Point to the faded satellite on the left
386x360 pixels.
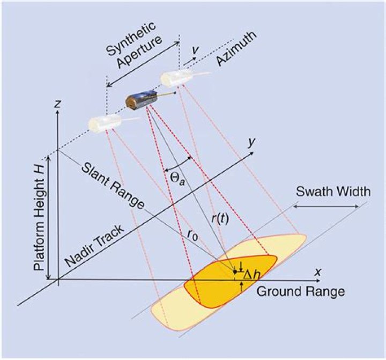tap(103, 123)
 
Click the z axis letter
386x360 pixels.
tap(56, 104)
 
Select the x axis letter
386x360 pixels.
tap(318, 272)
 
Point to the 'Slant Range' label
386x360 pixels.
tap(114, 185)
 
